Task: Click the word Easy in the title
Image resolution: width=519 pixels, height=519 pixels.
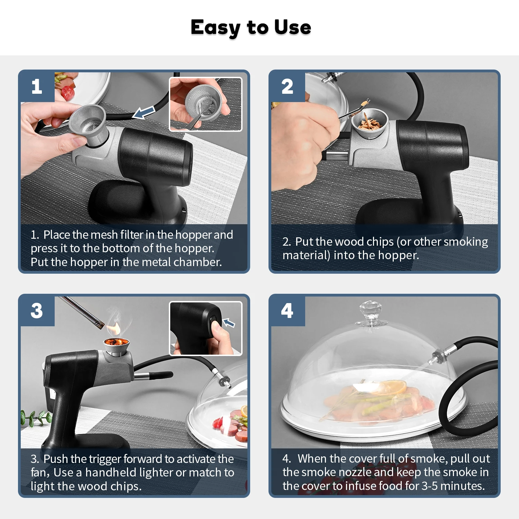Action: point(216,28)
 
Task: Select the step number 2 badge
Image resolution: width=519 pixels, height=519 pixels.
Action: point(288,86)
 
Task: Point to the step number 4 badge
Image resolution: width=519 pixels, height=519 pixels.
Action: point(288,311)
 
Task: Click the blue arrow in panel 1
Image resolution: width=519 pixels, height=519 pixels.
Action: point(144,112)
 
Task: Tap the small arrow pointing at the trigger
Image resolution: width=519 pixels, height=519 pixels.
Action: point(229,323)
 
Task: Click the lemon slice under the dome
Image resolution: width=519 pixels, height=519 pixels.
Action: point(392,386)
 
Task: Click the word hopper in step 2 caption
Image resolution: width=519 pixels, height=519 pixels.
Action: point(398,255)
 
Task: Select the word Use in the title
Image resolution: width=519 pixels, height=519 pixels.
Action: point(293,27)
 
